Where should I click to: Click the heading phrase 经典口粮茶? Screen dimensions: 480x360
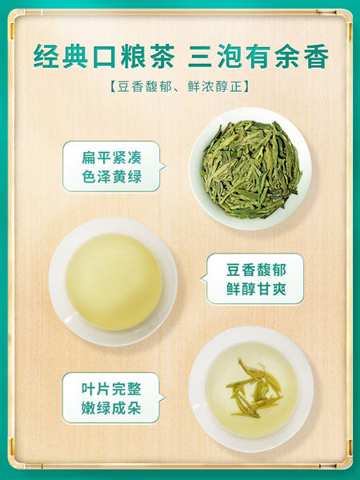[102, 56]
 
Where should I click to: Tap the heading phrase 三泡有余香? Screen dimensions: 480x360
[258, 56]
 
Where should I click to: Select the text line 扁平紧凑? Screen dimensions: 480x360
[111, 157]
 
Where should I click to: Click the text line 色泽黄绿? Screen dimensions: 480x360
[111, 176]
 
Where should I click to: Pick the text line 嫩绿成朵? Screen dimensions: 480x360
[111, 409]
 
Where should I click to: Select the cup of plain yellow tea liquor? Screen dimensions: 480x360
[113, 281]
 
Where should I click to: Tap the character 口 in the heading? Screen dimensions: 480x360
[102, 56]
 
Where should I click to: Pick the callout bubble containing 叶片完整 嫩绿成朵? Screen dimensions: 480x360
[111, 398]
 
